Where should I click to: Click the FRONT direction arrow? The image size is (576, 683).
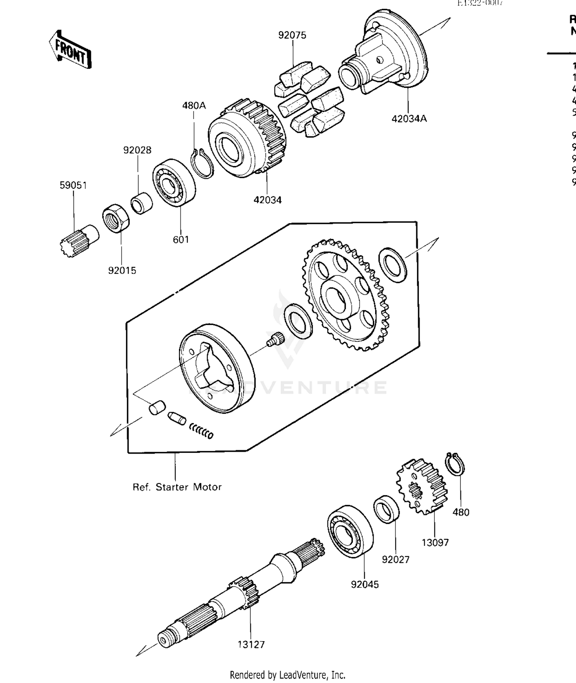coord(70,50)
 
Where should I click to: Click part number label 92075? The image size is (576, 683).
coord(292,35)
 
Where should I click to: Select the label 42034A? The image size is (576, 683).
coord(409,119)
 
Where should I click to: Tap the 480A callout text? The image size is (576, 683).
coord(194,105)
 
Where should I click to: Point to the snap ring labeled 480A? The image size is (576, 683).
coord(202,163)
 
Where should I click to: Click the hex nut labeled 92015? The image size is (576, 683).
coord(116,218)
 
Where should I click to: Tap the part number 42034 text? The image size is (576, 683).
coord(268,200)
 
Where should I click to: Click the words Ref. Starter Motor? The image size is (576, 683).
coord(177,487)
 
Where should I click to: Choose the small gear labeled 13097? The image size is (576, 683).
coord(422,487)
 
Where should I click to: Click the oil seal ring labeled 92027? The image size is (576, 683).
coord(386,509)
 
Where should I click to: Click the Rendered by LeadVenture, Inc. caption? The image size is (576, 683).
coord(288,675)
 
